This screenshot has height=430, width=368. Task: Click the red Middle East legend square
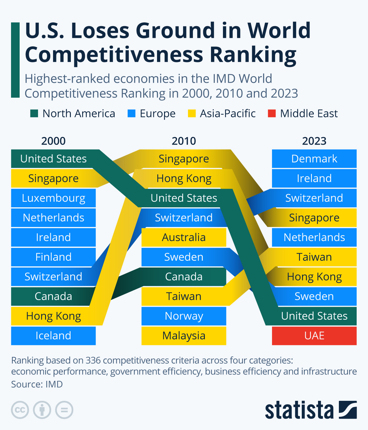tap(272, 114)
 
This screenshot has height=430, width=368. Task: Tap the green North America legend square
tap(34, 114)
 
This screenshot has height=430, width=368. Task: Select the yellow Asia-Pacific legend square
tap(192, 114)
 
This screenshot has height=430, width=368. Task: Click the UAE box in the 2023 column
tap(314, 336)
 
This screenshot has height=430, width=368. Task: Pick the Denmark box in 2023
tap(314, 159)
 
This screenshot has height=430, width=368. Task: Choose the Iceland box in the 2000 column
tap(53, 336)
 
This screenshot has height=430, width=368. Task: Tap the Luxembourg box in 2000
tap(53, 198)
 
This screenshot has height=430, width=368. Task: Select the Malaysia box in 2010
tap(184, 336)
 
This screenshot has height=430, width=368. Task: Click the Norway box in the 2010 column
tap(184, 316)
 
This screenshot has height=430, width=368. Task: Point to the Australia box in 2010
tap(184, 237)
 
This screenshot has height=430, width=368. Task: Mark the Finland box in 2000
tap(53, 257)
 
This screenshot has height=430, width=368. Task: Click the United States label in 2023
tap(314, 316)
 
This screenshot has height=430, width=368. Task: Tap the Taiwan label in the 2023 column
tap(314, 257)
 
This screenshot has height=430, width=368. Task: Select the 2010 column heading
tap(184, 141)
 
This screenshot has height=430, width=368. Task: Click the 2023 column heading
tap(314, 141)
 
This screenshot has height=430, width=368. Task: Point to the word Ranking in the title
tap(253, 55)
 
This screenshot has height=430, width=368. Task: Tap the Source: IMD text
tap(37, 384)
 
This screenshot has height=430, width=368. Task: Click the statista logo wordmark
tap(299, 410)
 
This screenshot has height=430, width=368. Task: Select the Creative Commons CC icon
tap(20, 410)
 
